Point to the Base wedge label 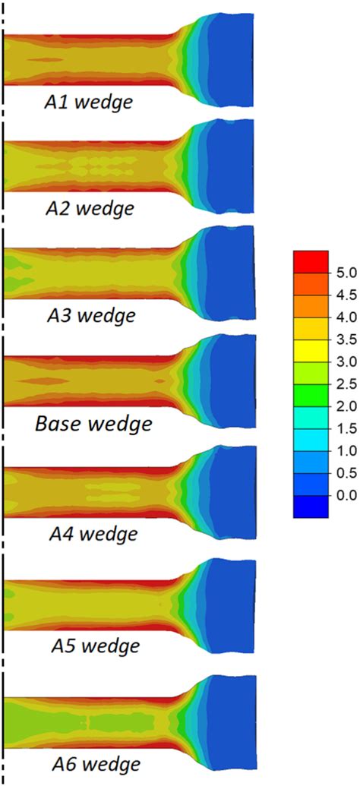pos(93,422)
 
